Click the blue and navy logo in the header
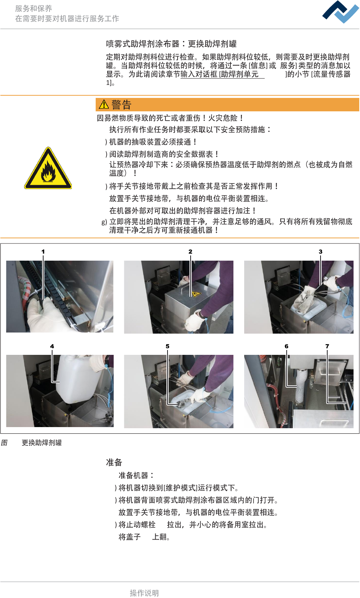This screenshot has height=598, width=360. click(341, 12)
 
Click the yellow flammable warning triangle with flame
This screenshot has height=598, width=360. click(48, 168)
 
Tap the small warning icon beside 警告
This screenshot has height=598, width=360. click(103, 104)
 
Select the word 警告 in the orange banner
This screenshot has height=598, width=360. click(121, 105)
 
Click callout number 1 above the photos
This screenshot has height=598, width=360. click(43, 251)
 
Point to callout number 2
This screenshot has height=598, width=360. click(190, 251)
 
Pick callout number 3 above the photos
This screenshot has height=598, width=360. click(321, 251)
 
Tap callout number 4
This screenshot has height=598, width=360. click(52, 346)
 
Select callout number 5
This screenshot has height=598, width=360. click(167, 346)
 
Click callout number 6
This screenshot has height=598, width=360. click(286, 346)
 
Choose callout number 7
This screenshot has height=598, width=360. click(327, 346)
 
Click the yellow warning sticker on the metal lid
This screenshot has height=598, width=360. click(196, 294)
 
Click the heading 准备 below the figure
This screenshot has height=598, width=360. click(114, 462)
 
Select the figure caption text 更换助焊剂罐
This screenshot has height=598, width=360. click(42, 443)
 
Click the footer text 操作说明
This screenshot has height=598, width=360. click(144, 593)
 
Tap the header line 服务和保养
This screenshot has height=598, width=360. click(34, 9)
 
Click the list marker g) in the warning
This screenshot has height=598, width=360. click(104, 222)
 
